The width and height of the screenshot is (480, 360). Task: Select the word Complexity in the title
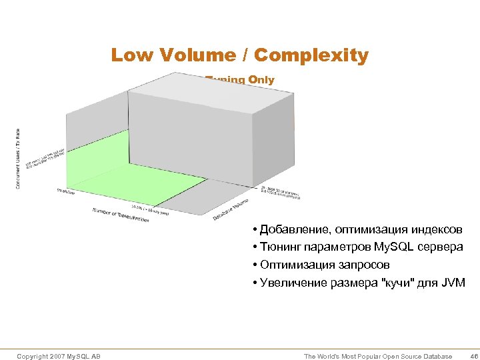tap(311, 55)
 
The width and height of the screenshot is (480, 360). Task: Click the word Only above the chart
tap(261, 80)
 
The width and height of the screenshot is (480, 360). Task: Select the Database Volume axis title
tap(231, 210)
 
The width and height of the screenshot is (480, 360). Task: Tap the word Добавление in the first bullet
tap(291, 230)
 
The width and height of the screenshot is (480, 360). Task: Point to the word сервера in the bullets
tap(441, 247)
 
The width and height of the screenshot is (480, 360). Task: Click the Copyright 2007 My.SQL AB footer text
tap(59, 357)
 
